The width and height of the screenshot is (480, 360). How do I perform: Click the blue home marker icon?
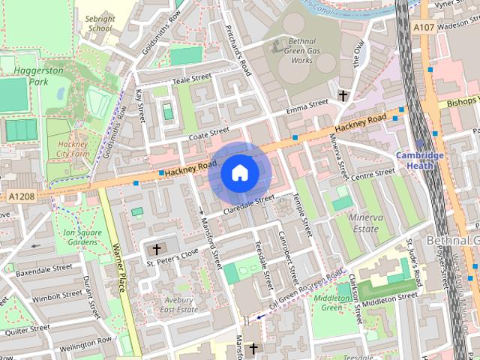239,172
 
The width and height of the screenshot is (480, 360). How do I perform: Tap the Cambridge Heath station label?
420,160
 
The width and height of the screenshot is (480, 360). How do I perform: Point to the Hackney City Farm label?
73,148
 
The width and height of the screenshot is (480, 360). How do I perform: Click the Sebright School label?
99,22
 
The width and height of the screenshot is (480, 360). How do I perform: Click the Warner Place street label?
117,266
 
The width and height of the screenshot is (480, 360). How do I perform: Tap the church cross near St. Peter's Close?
157,249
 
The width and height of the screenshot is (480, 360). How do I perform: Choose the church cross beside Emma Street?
343,96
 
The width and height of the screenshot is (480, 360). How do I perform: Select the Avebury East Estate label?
179,304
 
